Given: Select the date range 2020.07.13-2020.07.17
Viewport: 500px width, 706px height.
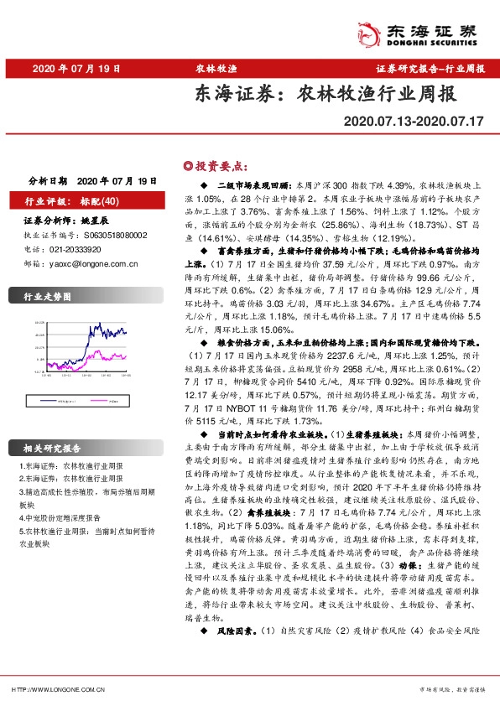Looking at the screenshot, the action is [414, 122].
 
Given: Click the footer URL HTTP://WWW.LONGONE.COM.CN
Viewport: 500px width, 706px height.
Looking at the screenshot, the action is [57, 689].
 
